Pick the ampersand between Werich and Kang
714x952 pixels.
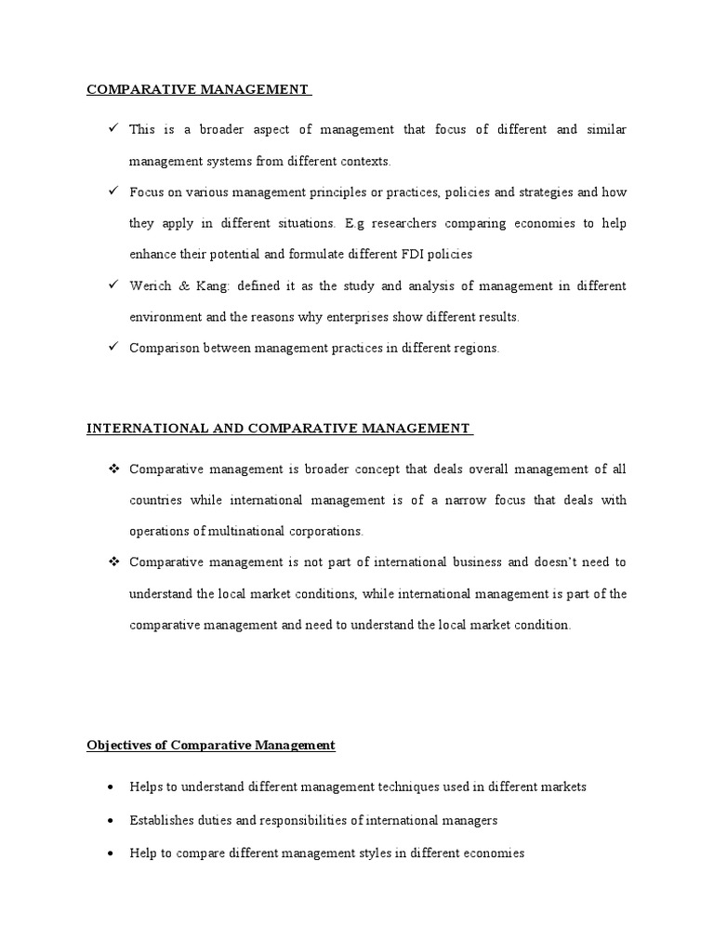click(x=183, y=285)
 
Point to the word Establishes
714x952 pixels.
click(x=163, y=820)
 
